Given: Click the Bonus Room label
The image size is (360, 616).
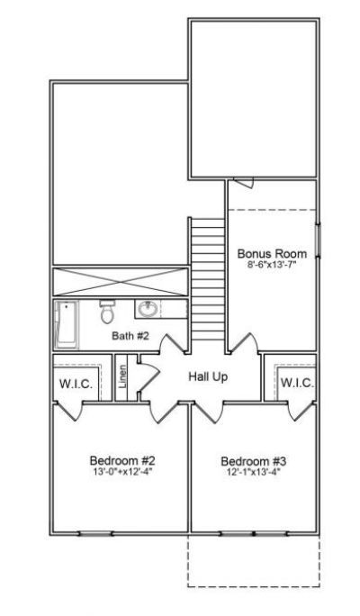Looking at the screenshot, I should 271,253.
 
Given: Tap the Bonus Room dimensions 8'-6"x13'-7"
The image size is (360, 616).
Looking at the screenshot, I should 271,266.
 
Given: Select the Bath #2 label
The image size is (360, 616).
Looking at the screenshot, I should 130,336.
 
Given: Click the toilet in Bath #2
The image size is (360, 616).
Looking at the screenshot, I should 107,313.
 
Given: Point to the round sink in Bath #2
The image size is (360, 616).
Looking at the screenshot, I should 147,311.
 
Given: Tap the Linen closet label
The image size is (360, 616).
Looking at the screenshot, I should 122,379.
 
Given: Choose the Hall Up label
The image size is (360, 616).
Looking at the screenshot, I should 207,376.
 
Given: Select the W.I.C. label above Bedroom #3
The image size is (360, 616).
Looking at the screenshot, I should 297,382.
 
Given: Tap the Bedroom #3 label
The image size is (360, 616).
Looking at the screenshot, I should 254,461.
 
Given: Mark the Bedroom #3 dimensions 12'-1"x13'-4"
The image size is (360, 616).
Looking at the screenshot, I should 254,473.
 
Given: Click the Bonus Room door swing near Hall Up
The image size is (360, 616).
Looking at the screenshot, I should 243,345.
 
